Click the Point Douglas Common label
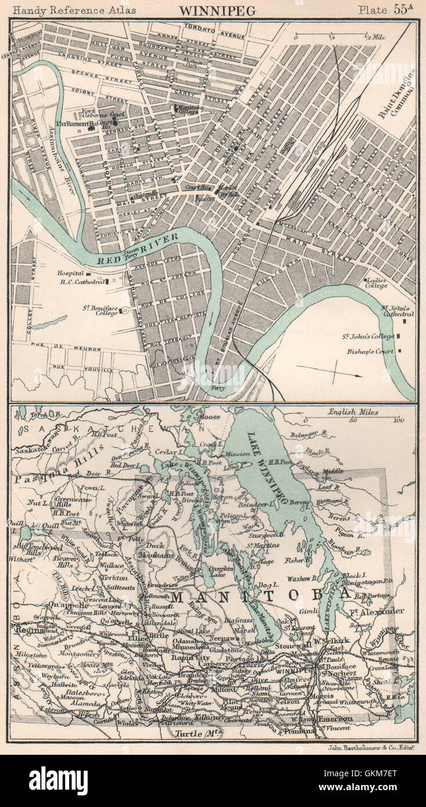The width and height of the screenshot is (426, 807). [x=398, y=95]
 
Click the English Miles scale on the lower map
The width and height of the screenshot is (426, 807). [x=353, y=412]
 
